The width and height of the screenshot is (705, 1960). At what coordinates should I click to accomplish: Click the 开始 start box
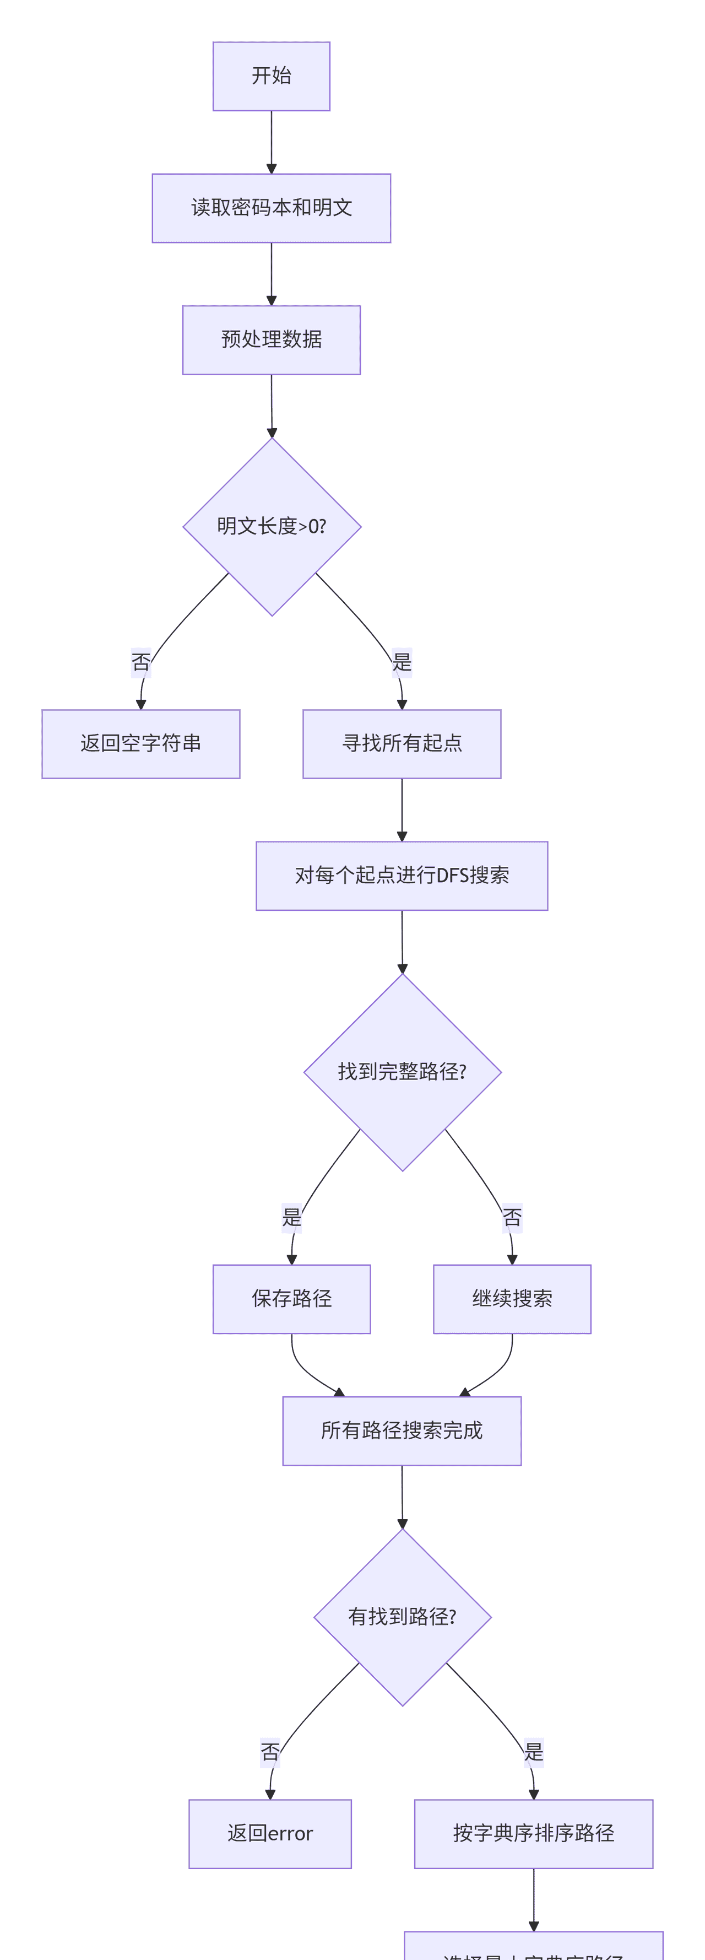[x=272, y=76]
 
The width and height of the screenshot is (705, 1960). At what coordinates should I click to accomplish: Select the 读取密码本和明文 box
[x=272, y=208]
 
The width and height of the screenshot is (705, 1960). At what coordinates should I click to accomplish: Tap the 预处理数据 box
[x=272, y=339]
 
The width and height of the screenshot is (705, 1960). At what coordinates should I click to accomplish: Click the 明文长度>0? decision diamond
[x=272, y=527]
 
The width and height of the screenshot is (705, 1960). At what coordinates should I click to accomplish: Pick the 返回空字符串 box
[x=140, y=743]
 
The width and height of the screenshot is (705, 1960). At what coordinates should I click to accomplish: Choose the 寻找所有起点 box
[x=402, y=743]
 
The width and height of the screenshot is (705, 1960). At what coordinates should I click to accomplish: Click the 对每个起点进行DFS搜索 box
[x=402, y=875]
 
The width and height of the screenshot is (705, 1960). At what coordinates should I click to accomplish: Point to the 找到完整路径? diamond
[x=402, y=1072]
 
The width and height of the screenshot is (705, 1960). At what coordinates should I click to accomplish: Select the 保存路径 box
[x=291, y=1299]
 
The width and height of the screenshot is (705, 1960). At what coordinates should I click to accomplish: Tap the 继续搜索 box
[x=512, y=1299]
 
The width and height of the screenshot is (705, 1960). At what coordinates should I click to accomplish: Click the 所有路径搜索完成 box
[x=402, y=1430]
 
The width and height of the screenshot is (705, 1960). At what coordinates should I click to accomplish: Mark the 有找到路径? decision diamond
[x=402, y=1617]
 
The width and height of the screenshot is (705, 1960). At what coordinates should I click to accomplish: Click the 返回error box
[x=270, y=1834]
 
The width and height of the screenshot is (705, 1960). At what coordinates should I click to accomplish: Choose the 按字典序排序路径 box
[x=533, y=1834]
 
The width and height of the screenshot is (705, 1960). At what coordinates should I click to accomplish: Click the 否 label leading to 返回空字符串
[x=140, y=662]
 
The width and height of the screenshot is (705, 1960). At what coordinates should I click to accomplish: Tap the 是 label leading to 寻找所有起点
[x=402, y=662]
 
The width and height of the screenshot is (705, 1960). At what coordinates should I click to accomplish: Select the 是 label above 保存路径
[x=291, y=1217]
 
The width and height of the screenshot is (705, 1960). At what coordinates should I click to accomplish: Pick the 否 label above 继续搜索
[x=512, y=1217]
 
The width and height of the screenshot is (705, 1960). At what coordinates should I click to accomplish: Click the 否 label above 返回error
[x=270, y=1752]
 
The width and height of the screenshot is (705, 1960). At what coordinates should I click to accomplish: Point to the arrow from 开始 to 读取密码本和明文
[x=272, y=142]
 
